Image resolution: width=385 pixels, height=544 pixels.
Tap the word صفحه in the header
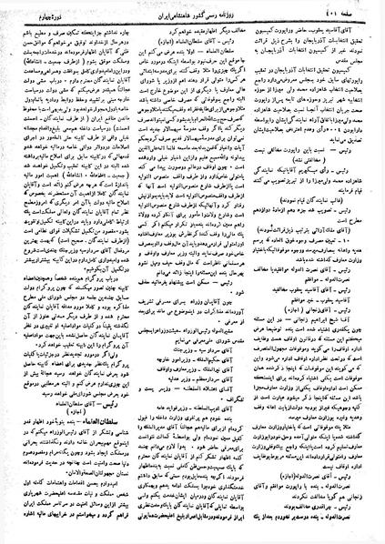(x=360, y=12)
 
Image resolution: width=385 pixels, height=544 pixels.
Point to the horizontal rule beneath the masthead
(x=192, y=20)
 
